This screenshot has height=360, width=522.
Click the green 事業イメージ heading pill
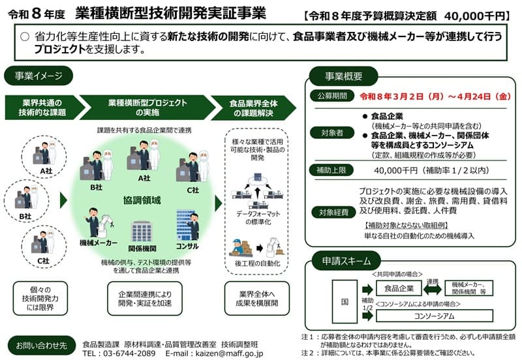(x=38, y=76)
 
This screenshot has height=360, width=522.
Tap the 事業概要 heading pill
(x=344, y=76)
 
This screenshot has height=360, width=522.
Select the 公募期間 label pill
(x=331, y=96)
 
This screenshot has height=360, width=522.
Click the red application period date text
(x=435, y=96)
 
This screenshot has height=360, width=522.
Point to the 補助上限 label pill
(x=331, y=170)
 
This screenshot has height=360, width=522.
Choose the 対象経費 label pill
(x=333, y=212)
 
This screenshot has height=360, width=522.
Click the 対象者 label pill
(x=331, y=133)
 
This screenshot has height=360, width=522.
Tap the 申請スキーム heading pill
(x=346, y=261)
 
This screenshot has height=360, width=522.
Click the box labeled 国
(x=345, y=301)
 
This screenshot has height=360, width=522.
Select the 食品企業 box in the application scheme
(x=399, y=288)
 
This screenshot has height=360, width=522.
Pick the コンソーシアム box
(x=435, y=316)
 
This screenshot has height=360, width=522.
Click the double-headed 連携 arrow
(x=433, y=289)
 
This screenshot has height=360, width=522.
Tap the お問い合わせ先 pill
(x=41, y=346)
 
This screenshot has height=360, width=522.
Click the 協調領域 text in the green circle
(x=142, y=200)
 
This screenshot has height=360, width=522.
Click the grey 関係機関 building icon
(x=142, y=232)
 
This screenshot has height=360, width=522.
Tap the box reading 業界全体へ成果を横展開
(x=257, y=299)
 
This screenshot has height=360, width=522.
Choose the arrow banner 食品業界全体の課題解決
(x=253, y=108)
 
